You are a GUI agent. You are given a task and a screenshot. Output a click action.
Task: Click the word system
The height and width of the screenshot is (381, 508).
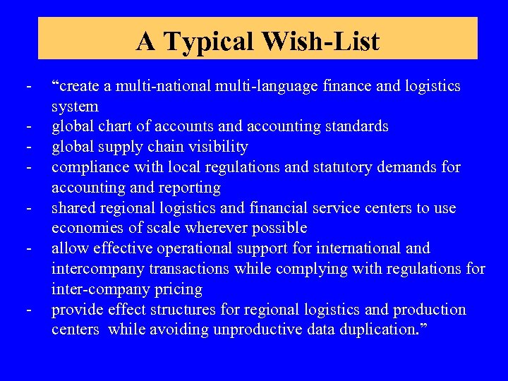(x=75, y=107)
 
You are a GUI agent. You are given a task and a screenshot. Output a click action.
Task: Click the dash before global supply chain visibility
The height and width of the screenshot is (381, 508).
(x=29, y=147)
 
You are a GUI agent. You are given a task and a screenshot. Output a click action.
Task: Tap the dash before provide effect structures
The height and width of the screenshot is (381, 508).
(x=29, y=310)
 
